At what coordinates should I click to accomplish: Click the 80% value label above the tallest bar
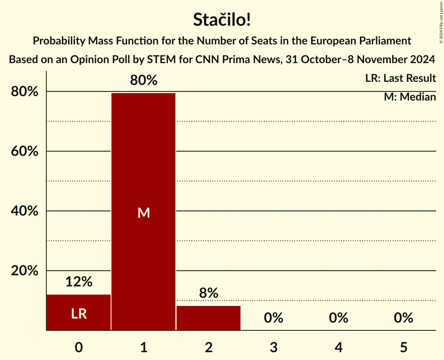point(143,81)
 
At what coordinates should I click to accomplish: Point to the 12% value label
point(79,282)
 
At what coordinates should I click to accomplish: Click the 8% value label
point(209,293)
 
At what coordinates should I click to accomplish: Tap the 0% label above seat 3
point(273,318)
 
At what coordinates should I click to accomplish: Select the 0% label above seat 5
point(403,318)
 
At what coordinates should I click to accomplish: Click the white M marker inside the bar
point(143,213)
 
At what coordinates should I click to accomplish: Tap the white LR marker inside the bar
point(79,314)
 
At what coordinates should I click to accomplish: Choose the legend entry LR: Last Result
point(400,78)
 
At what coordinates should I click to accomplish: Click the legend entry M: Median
point(410,97)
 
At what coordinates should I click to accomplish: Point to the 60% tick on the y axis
point(24,151)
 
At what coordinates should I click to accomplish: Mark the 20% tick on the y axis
point(24,271)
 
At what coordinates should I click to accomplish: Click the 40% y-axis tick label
point(24,211)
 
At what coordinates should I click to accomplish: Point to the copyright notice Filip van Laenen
point(441,21)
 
